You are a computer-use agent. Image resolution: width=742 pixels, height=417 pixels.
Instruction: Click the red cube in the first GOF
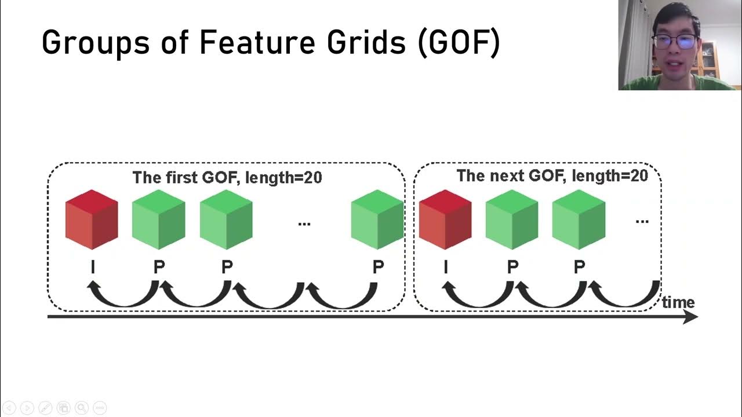coord(92,220)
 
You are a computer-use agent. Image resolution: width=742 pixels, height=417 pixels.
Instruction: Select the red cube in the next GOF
coord(445,220)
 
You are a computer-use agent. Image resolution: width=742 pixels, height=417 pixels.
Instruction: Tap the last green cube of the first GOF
coord(377,220)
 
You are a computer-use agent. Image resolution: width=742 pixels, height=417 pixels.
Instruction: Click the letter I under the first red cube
coord(93,267)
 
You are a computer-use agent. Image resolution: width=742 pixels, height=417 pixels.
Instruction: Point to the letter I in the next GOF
coord(445,267)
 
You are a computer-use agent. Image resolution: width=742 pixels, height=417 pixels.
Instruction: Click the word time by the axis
coord(678,302)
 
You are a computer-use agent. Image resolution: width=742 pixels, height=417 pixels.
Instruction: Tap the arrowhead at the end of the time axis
coord(691,317)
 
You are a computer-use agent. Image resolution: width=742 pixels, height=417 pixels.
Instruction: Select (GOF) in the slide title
coord(458,43)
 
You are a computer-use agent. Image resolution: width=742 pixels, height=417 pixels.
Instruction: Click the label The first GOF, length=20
coord(227,177)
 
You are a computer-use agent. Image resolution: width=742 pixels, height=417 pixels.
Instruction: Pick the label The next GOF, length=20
coord(552,175)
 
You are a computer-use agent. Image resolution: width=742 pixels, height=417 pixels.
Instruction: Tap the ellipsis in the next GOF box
coord(642,221)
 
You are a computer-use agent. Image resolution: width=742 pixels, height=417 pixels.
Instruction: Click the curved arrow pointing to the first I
coord(122,298)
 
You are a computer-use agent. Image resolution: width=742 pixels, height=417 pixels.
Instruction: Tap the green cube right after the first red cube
coord(159,220)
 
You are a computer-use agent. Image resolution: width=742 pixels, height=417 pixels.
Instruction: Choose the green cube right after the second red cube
coord(512,220)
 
